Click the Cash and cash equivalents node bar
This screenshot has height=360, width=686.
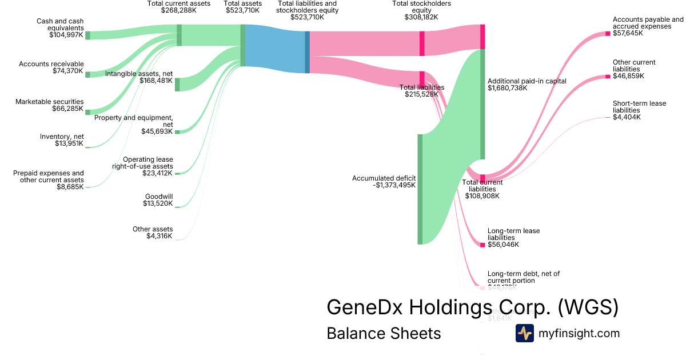tap(87, 35)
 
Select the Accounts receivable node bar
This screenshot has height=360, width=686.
tap(87, 74)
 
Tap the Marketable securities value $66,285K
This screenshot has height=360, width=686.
tap(66, 109)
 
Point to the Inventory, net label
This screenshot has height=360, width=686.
tap(61, 137)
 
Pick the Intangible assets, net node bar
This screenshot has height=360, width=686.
tap(177, 85)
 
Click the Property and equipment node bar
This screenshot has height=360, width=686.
tap(177, 132)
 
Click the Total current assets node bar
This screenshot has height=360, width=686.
tap(179, 35)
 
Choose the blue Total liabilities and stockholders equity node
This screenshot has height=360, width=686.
tap(307, 52)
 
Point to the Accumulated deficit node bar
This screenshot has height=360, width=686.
tap(420, 189)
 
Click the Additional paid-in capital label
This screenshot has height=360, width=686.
tap(527, 81)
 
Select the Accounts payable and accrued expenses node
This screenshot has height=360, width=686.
tap(608, 34)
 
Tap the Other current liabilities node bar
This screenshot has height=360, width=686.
tap(608, 76)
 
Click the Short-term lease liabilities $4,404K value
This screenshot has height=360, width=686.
tap(627, 117)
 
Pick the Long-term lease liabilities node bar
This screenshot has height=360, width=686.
tap(482, 245)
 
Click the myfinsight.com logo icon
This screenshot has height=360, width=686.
tap(525, 333)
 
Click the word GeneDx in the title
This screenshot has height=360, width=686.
tap(364, 307)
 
